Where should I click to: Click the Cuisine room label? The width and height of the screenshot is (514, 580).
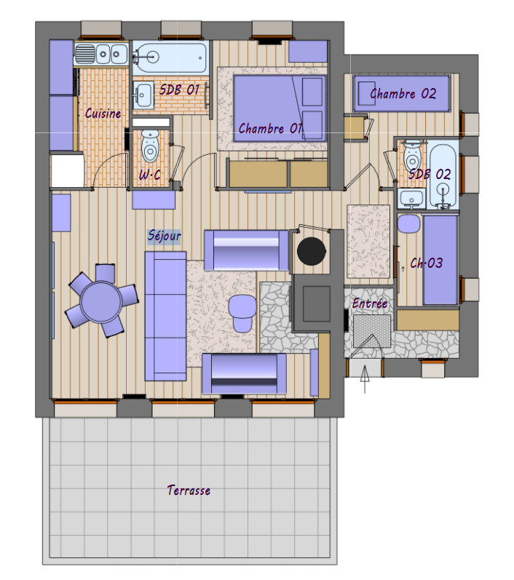pos(103,114)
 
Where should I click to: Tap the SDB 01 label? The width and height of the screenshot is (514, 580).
pos(180,90)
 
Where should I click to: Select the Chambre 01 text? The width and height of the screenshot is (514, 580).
pos(271,129)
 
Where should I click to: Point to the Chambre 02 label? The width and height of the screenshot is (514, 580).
pos(403,94)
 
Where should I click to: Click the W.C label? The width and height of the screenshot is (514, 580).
pos(150,175)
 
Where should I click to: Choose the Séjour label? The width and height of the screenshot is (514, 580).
pos(164,236)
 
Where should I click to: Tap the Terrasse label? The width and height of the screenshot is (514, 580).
pos(189,490)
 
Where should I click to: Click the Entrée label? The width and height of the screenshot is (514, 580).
pos(370,303)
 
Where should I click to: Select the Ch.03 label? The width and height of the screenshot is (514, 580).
pos(427,263)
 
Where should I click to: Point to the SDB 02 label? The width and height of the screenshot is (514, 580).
pos(430,174)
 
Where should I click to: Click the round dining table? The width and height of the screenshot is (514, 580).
pos(101,301)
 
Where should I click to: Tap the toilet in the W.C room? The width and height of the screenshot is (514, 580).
pos(150,146)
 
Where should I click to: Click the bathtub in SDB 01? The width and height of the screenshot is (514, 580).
pos(169,57)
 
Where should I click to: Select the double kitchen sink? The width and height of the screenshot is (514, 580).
pos(101,55)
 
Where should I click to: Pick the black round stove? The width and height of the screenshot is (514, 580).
pos(312,252)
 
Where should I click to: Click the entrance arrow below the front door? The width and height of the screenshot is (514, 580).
pos(365,378)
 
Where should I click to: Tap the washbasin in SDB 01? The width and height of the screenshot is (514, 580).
pos(143,95)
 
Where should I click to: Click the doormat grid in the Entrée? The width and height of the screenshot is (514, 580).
pos(372,331)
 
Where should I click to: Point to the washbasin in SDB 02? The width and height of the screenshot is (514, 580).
pos(411,199)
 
